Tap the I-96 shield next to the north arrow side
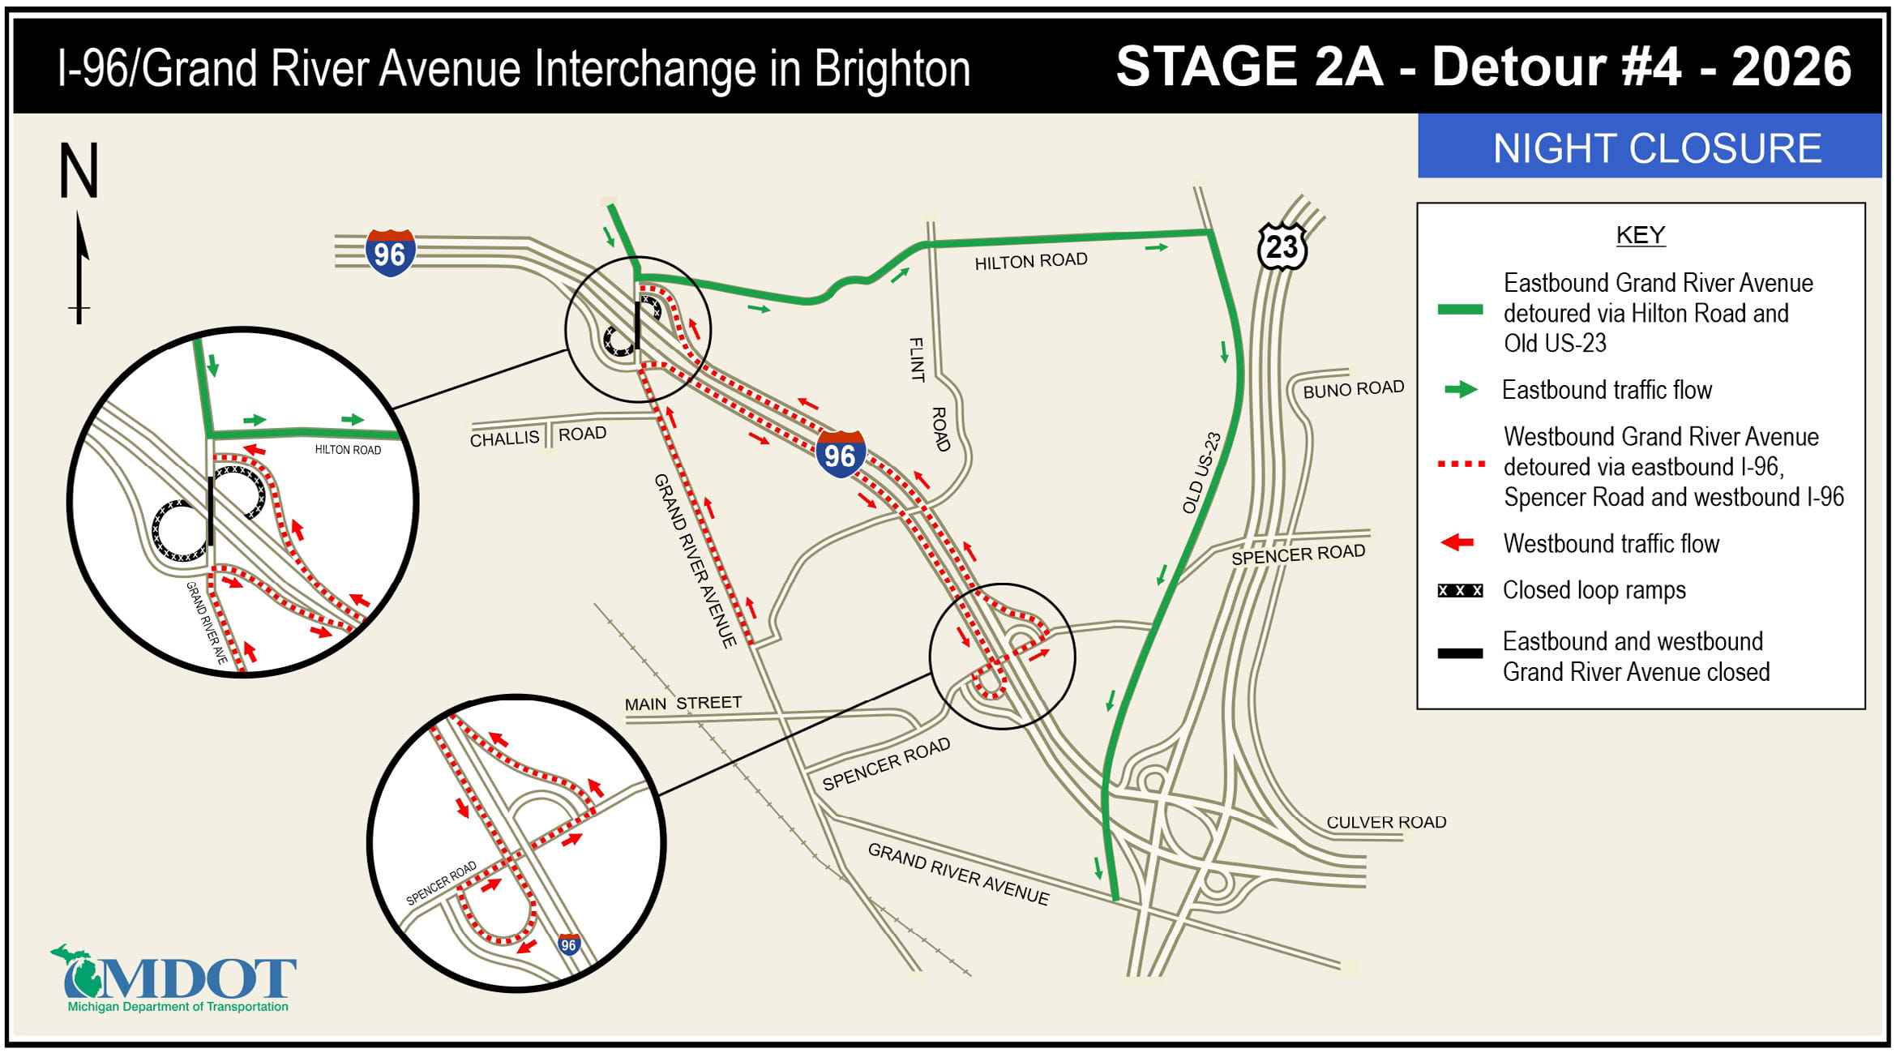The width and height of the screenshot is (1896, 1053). point(390,254)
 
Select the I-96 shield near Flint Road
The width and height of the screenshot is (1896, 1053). point(840,455)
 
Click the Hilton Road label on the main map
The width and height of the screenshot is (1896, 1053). point(1030,261)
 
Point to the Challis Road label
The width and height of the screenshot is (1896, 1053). point(537,436)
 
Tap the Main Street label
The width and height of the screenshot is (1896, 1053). point(683,703)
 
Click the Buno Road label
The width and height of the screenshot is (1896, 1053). point(1353,389)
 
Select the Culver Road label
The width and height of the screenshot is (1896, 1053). point(1385,822)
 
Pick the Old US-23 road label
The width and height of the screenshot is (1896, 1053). point(1201,473)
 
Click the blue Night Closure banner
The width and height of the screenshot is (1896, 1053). point(1649,148)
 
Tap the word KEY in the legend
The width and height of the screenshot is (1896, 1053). point(1640,235)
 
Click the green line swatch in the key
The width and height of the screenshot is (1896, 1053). point(1460,310)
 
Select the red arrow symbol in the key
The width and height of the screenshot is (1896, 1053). point(1457,543)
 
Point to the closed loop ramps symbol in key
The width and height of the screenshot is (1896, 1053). point(1460,590)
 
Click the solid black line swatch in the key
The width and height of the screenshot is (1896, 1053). point(1460,653)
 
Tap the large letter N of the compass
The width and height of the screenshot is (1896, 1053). point(79,171)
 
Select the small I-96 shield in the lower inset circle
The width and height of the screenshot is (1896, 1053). point(569,944)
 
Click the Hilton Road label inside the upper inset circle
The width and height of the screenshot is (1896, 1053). point(348,450)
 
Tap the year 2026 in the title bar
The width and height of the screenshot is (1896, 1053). point(1791,66)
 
